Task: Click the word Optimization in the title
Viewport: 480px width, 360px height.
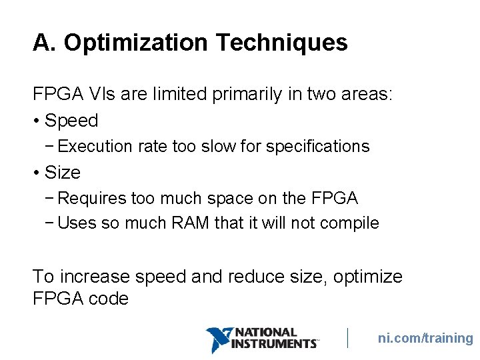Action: click(x=136, y=43)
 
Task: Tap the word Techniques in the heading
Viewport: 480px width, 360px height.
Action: click(x=281, y=43)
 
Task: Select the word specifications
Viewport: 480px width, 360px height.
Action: click(x=317, y=147)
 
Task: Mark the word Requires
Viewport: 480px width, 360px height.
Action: click(x=91, y=199)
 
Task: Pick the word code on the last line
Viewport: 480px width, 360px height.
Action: click(x=108, y=299)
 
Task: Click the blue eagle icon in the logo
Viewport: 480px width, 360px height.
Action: click(x=217, y=339)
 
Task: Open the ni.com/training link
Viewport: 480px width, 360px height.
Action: click(x=425, y=338)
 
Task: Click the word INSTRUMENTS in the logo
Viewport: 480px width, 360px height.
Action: click(x=274, y=344)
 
